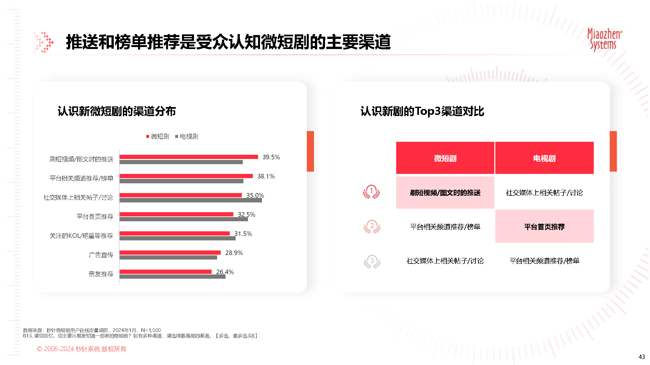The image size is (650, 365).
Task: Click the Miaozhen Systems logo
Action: (604, 40)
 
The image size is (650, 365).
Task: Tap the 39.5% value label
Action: (271, 157)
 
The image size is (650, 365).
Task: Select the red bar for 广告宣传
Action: (170, 252)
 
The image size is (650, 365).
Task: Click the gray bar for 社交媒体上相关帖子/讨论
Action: (190, 201)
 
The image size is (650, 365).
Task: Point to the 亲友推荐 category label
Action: (101, 274)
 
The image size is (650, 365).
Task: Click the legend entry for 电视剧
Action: (187, 137)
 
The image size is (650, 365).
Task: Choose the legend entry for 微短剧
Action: (158, 137)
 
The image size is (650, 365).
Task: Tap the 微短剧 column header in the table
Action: (445, 158)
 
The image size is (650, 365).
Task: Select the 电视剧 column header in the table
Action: (544, 158)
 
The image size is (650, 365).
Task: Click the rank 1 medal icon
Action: (371, 192)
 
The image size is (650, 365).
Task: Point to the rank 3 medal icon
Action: (372, 262)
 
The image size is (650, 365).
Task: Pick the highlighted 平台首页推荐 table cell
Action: (544, 226)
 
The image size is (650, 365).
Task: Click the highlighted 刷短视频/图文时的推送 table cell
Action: (445, 193)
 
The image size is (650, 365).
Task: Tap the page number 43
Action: (642, 357)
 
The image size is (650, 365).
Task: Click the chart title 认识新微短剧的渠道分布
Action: (117, 111)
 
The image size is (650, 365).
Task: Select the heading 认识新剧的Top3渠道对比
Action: (422, 111)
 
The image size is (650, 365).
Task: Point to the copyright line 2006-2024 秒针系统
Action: (82, 349)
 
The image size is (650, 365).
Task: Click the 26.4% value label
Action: (225, 272)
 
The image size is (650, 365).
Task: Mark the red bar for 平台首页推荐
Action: (176, 214)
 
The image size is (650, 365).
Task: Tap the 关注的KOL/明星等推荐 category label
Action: (81, 236)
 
